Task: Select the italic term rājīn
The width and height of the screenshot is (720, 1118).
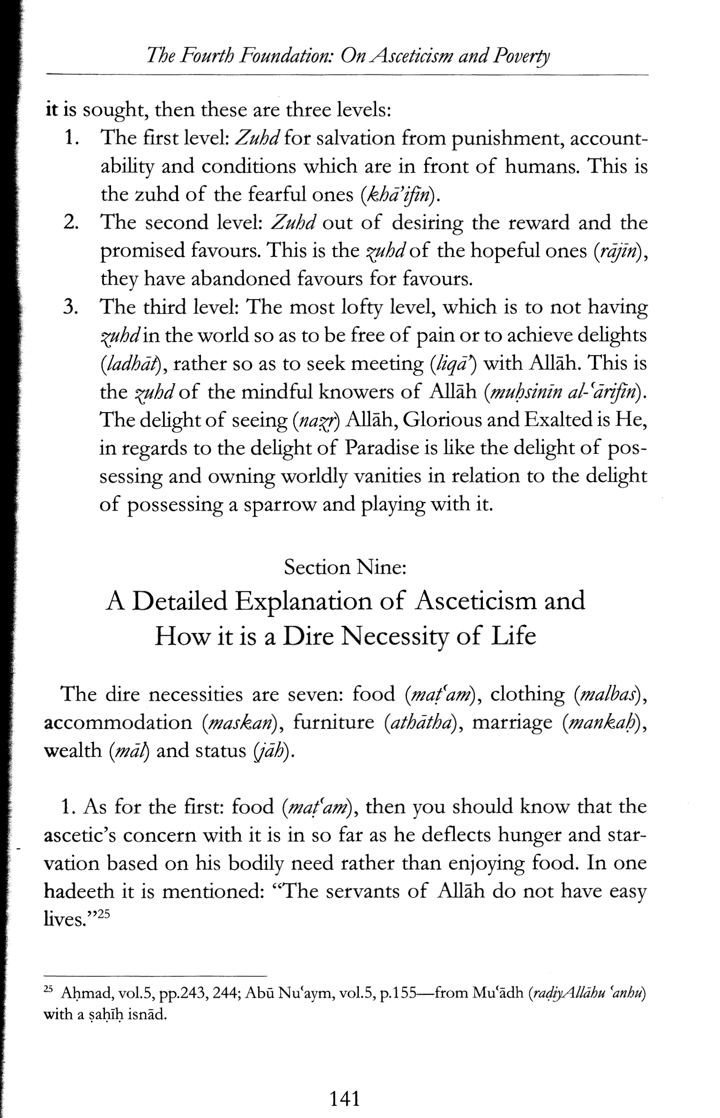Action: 616,251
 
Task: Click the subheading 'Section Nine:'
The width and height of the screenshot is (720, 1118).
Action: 345,568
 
